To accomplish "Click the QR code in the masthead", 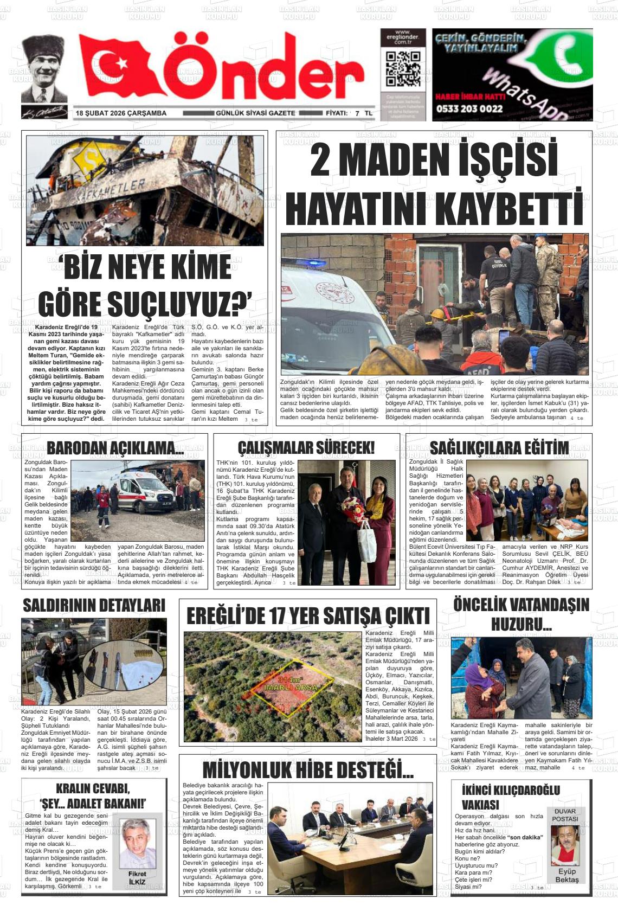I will (402, 69).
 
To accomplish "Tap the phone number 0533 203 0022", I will (469, 108).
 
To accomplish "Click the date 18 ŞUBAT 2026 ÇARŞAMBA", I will (121, 113).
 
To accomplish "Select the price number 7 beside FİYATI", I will (357, 114).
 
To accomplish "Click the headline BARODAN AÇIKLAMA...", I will (115, 448).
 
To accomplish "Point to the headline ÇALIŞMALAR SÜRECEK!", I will (306, 448).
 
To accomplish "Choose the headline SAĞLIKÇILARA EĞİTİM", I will (499, 448).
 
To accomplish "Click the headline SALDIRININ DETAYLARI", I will (94, 605).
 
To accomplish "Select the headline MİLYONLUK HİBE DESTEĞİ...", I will (308, 770).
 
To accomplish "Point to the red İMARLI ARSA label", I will (290, 687).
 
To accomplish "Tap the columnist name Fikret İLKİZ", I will (137, 877).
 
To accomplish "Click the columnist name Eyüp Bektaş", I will (566, 875).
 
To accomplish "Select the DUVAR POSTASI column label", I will (565, 815).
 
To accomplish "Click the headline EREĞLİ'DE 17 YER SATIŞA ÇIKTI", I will (308, 617).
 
